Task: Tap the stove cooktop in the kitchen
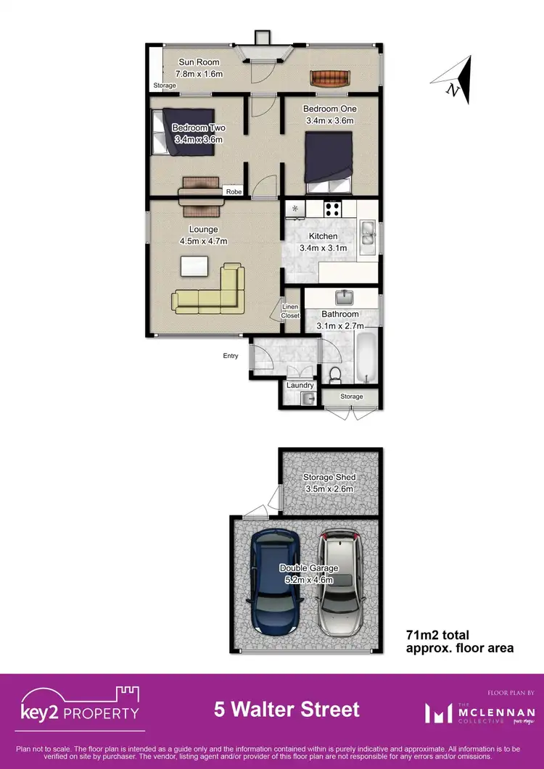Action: coord(333,209)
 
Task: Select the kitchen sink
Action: coord(366,236)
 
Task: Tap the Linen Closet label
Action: coord(290,311)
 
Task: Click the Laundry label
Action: coord(300,386)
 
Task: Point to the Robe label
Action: coord(234,192)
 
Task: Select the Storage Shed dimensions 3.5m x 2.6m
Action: coord(329,489)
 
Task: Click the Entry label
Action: coord(231,356)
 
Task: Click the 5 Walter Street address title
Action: coord(287,708)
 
